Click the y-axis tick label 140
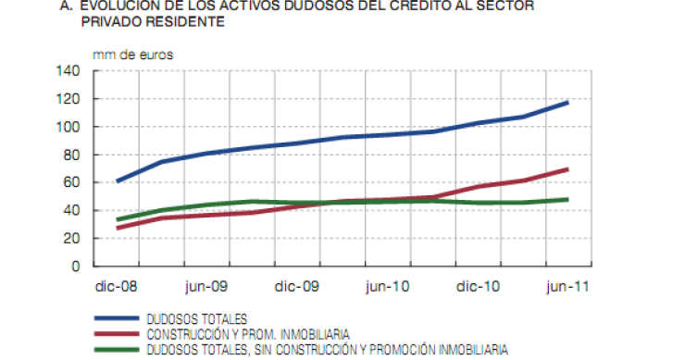pyautogui.click(x=68, y=71)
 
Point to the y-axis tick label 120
pyautogui.click(x=68, y=99)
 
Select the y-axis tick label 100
pyautogui.click(x=68, y=127)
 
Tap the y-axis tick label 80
pyautogui.click(x=71, y=155)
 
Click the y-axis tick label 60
pyautogui.click(x=71, y=182)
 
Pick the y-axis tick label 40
pyautogui.click(x=71, y=210)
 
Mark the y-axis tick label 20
pyautogui.click(x=71, y=238)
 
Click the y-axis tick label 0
pyautogui.click(x=75, y=267)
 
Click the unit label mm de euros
pyautogui.click(x=132, y=53)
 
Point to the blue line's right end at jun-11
pyautogui.click(x=567, y=102)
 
